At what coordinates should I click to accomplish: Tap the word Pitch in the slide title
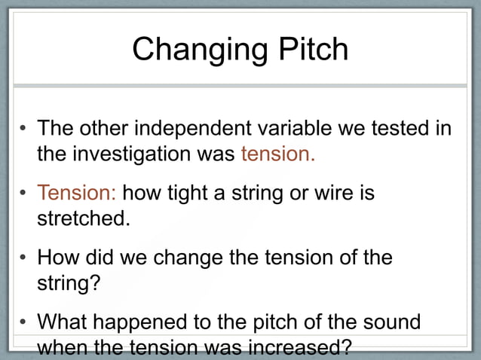[x=308, y=50]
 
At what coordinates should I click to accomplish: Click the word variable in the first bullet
[x=310, y=129]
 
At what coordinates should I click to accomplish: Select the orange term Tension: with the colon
[x=77, y=194]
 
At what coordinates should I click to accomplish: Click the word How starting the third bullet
[x=56, y=258]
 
